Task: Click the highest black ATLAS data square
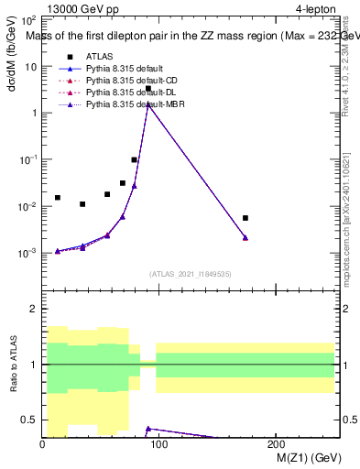click(x=148, y=89)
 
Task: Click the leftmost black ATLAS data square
click(x=57, y=197)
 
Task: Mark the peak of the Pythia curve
click(x=148, y=104)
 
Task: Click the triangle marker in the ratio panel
click(x=148, y=429)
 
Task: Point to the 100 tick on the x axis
click(x=158, y=445)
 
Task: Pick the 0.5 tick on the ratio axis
click(x=32, y=420)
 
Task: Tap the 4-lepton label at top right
click(x=316, y=10)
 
